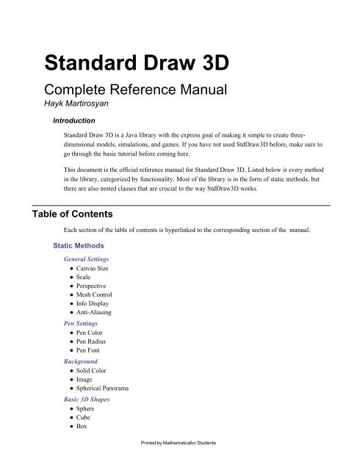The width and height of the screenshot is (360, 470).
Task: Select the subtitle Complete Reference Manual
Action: (x=131, y=93)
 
